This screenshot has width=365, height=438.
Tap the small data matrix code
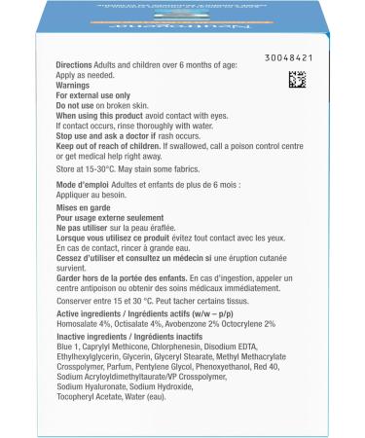(x=298, y=79)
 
